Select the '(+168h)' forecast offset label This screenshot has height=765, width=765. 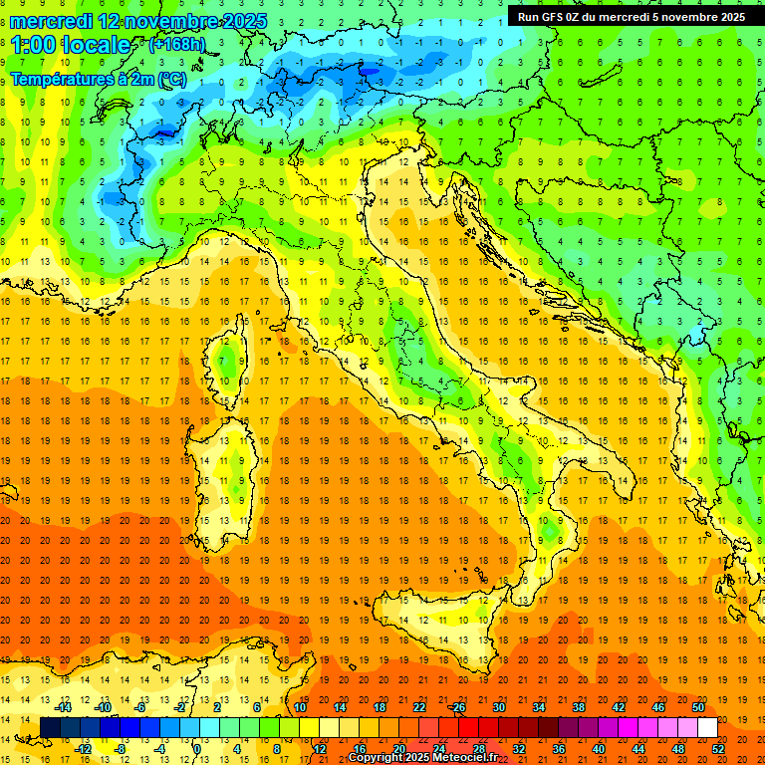[176, 44]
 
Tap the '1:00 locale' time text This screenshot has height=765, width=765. [70, 45]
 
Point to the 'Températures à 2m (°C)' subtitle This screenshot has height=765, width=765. [97, 78]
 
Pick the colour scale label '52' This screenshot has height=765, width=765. [719, 749]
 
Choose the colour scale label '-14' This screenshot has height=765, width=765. [64, 707]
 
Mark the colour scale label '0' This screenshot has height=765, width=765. [197, 749]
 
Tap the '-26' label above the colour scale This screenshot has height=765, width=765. [457, 707]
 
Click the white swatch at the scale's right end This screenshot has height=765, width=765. [707, 728]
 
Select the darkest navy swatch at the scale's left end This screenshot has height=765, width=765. [50, 728]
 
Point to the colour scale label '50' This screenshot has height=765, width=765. [698, 707]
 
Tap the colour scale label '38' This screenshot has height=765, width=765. [579, 707]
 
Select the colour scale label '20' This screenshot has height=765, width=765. [398, 749]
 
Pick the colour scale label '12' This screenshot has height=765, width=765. [319, 749]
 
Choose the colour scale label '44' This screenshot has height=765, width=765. [638, 749]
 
